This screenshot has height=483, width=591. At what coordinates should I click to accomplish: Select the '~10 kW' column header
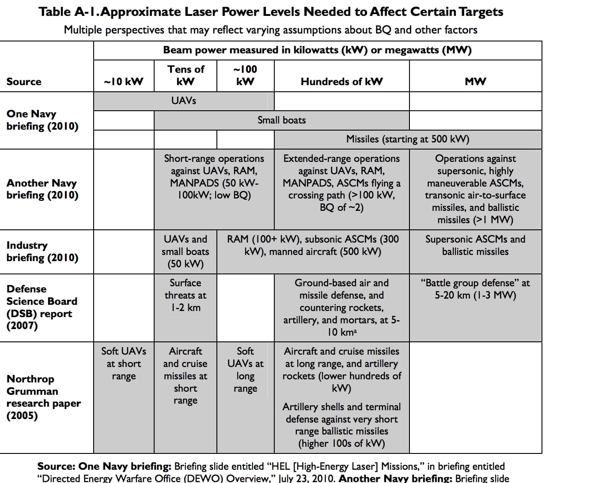[124, 82]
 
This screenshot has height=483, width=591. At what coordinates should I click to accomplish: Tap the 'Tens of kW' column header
[186, 75]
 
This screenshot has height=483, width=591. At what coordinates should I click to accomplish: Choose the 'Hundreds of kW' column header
[341, 82]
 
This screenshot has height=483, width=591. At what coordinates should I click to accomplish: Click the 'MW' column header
[475, 82]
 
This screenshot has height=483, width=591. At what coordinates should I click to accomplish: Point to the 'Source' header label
[24, 82]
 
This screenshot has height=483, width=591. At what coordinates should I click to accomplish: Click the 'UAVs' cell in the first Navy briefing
[184, 101]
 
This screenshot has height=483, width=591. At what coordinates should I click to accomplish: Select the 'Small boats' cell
[281, 120]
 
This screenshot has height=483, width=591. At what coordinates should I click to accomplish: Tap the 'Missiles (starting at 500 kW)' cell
[407, 139]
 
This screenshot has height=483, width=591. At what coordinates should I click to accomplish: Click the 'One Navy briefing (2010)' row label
[42, 120]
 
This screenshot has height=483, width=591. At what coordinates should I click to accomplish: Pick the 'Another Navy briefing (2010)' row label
[42, 189]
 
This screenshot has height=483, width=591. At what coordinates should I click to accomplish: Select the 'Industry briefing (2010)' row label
[42, 251]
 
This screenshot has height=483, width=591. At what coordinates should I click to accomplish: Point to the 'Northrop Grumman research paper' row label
[43, 397]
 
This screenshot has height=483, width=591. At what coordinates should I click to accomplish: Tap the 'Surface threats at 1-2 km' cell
[186, 295]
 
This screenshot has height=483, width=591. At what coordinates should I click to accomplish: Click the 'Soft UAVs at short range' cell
[124, 363]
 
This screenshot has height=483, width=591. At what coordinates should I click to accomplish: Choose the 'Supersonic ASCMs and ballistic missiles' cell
[475, 245]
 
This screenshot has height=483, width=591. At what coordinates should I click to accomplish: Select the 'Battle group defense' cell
[475, 289]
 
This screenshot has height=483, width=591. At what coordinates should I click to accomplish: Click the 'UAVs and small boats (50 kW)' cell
[186, 251]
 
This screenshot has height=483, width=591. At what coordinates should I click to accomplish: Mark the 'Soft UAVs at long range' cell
[245, 370]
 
